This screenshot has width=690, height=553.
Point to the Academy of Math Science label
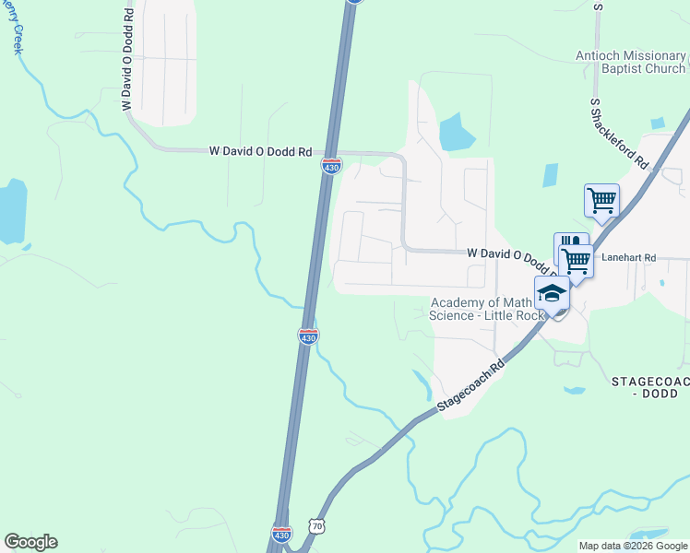pyautogui.click(x=481, y=309)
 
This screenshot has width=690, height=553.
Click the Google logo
pyautogui.click(x=30, y=542)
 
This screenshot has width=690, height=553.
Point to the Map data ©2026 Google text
pyautogui.click(x=633, y=546)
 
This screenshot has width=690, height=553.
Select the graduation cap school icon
pyautogui.click(x=552, y=293)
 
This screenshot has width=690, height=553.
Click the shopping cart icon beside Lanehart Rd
pyautogui.click(x=577, y=261)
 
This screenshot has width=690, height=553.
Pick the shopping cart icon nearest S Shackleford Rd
pyautogui.click(x=601, y=199)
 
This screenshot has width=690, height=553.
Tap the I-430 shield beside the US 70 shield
pyautogui.click(x=282, y=534)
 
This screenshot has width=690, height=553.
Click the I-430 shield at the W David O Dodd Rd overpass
pyautogui.click(x=331, y=166)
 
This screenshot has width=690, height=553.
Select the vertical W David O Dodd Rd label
pyautogui.click(x=127, y=57)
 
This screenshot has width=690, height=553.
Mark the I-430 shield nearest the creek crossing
pyautogui.click(x=308, y=336)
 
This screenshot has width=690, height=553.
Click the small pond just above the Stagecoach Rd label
pyautogui.click(x=422, y=379)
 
